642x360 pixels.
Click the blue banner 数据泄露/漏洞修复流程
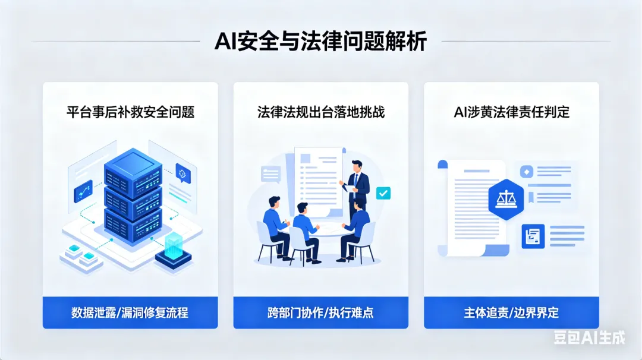130,312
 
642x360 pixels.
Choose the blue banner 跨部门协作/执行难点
320,312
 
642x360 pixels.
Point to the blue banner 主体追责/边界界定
511,312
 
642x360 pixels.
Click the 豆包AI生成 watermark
589,337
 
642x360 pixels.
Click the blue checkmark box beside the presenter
383,192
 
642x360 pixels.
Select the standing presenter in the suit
357,190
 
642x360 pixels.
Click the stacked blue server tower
133,193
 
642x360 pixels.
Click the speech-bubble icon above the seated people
270,174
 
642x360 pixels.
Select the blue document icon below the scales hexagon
533,236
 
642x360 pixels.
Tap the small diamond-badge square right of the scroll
525,172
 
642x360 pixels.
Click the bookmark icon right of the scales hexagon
531,197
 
